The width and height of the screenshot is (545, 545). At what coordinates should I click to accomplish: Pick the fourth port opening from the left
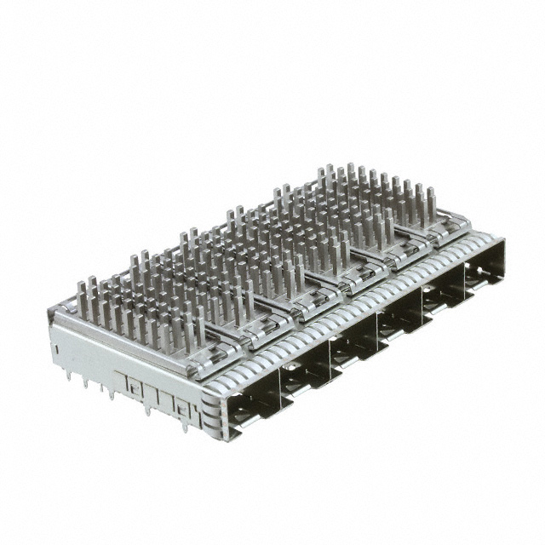pos(398,318)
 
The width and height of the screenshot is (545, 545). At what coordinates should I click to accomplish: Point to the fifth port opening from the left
pos(442,293)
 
